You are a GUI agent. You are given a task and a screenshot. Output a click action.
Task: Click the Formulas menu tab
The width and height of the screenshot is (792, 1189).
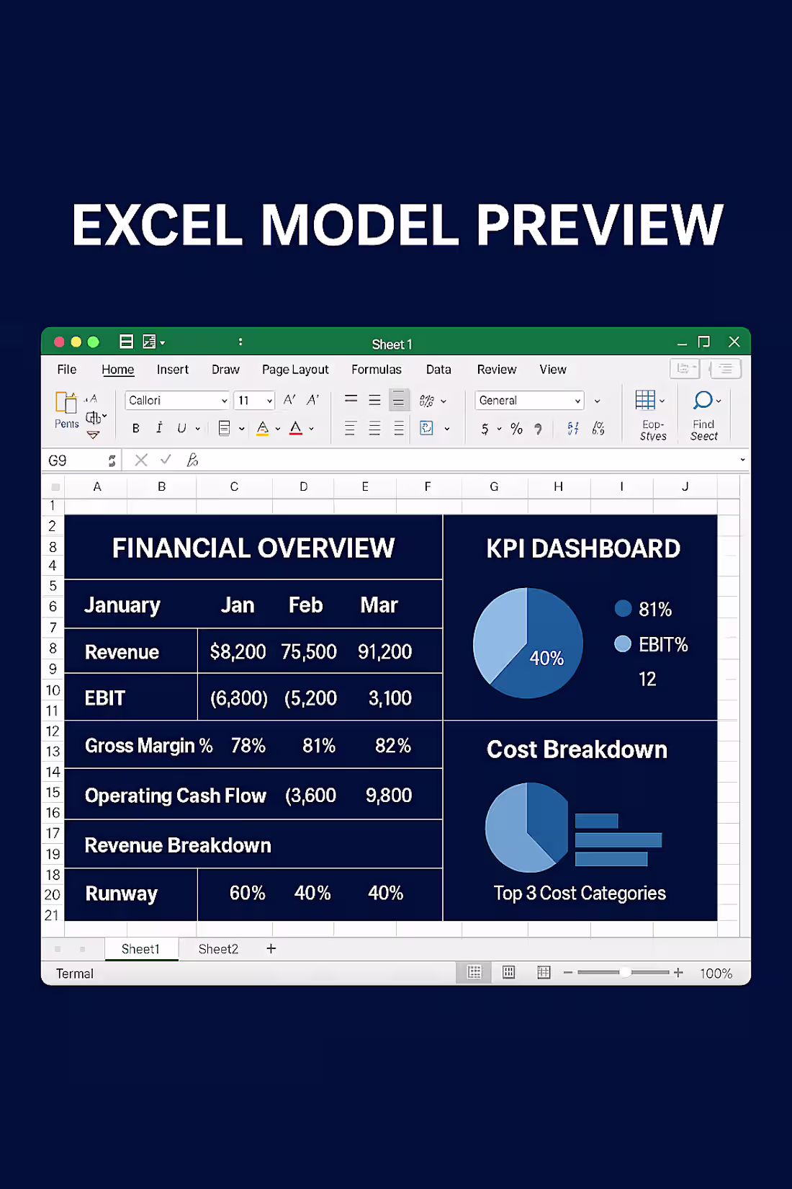(376, 370)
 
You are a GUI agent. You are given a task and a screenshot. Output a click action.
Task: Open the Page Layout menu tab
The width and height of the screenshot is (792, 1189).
(295, 370)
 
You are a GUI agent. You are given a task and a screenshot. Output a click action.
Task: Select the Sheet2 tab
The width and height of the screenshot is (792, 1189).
(218, 949)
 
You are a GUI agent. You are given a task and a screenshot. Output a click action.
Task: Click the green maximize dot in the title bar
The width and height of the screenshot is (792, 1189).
(93, 342)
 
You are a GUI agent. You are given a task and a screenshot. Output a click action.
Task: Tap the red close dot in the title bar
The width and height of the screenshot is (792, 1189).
(59, 342)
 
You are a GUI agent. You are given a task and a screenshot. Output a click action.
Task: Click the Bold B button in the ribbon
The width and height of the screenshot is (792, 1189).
(136, 429)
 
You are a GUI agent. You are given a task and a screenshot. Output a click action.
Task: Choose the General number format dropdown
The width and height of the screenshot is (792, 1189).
(529, 401)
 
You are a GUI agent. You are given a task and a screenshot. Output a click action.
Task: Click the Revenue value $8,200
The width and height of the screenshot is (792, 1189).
(238, 652)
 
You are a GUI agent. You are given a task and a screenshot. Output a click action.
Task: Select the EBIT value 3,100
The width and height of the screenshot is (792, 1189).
(390, 698)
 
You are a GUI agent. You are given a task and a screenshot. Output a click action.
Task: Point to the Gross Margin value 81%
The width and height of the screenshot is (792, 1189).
(318, 746)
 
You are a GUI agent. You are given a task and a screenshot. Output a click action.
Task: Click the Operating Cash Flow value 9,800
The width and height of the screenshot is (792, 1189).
(389, 796)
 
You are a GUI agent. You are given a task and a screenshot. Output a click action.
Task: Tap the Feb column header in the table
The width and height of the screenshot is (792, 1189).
(305, 605)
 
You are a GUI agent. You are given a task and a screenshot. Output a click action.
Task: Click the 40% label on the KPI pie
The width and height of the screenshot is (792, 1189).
(546, 658)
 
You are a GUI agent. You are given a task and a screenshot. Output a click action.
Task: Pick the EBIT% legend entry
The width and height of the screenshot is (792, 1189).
(662, 644)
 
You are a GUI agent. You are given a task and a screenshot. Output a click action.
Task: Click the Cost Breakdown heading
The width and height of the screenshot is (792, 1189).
(577, 749)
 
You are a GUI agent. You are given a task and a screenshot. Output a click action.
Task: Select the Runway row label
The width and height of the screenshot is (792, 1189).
(121, 894)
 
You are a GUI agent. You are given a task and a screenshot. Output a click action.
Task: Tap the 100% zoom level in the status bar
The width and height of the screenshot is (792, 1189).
(716, 974)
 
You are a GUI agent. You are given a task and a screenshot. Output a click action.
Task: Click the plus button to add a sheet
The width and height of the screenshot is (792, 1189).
(271, 949)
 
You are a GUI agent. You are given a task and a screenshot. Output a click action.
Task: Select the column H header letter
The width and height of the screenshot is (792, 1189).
(558, 487)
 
